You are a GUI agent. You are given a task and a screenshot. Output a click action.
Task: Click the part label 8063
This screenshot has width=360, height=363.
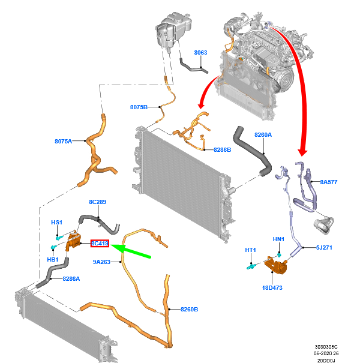pyautogui.click(x=200, y=53)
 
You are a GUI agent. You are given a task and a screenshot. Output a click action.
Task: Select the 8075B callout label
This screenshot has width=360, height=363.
pyautogui.click(x=139, y=107)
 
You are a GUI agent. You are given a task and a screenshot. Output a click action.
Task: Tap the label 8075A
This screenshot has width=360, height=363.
pyautogui.click(x=63, y=141)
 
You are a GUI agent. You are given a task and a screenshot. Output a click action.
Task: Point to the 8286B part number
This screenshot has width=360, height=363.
pyautogui.click(x=222, y=150)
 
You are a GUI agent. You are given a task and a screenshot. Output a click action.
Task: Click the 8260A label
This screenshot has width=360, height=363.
pyautogui.click(x=263, y=135)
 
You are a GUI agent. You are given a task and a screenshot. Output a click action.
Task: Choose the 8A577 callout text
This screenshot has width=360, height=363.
pyautogui.click(x=329, y=182)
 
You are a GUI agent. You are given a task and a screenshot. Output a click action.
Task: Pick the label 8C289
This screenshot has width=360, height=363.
pyautogui.click(x=97, y=202)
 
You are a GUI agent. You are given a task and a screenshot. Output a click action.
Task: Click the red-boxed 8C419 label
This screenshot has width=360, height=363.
pyautogui.click(x=100, y=244)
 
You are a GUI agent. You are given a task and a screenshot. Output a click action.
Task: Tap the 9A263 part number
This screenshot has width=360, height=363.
pyautogui.click(x=101, y=262)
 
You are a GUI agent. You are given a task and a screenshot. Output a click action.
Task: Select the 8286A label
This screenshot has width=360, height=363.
pyautogui.click(x=71, y=279)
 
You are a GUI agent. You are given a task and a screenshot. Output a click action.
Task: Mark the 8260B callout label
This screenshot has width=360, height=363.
pyautogui.click(x=189, y=309)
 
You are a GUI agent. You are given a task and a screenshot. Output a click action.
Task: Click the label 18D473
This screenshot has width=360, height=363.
pyautogui.click(x=272, y=288)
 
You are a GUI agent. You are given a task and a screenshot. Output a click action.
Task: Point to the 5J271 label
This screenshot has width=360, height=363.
pyautogui.click(x=324, y=247)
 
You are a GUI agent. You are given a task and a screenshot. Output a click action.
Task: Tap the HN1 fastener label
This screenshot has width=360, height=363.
pyautogui.click(x=278, y=239)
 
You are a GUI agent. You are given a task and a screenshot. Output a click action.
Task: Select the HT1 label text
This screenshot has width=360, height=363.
pyautogui.click(x=250, y=250)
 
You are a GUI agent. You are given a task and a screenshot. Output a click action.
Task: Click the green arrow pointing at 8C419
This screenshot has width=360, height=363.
pyautogui.click(x=131, y=251)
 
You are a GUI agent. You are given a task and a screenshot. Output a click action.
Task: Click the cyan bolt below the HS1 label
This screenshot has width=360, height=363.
pyautogui.click(x=59, y=238)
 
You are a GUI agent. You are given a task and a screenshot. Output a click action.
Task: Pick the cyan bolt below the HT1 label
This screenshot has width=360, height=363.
pyautogui.click(x=251, y=267)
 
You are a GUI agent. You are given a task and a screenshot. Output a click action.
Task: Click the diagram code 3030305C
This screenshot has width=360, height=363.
pyautogui.click(x=326, y=347)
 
